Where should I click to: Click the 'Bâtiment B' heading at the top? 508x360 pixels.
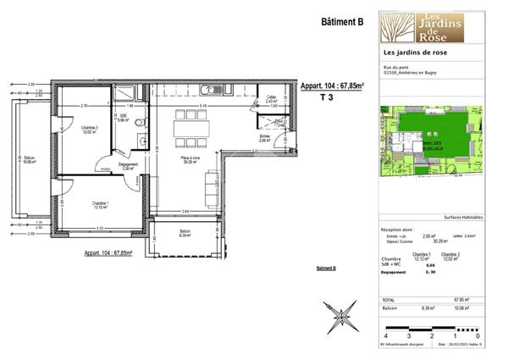pos(342,23)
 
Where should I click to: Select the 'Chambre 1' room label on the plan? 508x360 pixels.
pos(101,204)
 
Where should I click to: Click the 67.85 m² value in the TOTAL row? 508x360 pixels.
pos(462,299)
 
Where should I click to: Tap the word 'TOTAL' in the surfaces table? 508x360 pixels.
pos(390,299)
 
